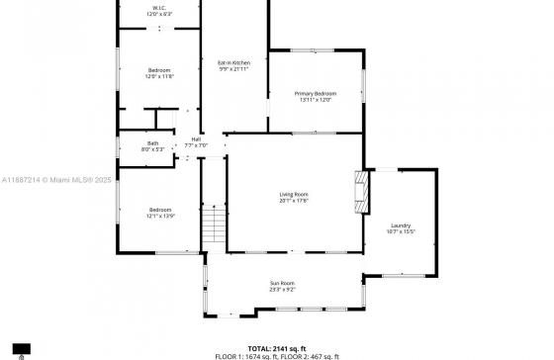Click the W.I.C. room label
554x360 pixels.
coord(159,8)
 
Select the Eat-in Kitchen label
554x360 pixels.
coord(233,62)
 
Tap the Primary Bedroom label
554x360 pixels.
coord(317,93)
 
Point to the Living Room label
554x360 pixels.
coord(294,194)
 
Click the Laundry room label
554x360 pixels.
coord(401,225)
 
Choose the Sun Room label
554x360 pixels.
coord(283,284)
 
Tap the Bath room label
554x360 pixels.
coord(153,143)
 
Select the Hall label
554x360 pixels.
coord(196,138)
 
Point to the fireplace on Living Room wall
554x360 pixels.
coord(363,191)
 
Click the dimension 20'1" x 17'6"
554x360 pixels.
coord(294,201)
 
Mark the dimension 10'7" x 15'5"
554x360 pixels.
coord(401,232)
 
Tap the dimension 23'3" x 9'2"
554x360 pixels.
coord(283,291)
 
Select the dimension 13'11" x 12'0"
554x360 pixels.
coord(317,100)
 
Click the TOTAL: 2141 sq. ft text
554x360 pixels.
coord(277,348)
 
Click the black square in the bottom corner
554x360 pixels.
coord(22,349)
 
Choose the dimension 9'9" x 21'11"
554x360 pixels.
coord(233,69)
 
